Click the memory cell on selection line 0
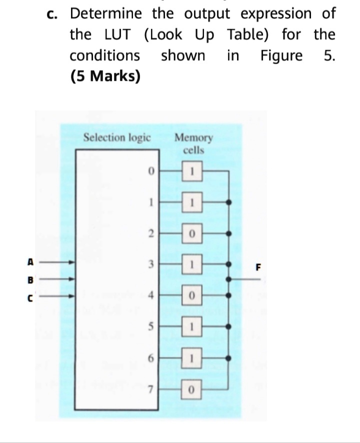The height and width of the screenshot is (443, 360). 192,171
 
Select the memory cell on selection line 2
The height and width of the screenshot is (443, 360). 192,233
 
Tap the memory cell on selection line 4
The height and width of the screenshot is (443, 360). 192,295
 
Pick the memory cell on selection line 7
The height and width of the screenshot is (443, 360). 191,389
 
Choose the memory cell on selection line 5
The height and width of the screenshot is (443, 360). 191,326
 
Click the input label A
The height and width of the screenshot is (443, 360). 30,262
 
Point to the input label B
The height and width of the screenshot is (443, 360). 30,280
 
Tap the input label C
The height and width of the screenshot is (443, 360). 30,298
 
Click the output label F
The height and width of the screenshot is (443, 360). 258,267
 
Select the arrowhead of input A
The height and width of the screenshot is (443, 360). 72,262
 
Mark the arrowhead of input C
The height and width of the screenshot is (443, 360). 72,296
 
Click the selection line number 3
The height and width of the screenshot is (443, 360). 151,264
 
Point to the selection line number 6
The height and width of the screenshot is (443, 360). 151,358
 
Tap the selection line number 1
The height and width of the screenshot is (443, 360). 151,202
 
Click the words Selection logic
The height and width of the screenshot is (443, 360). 117,138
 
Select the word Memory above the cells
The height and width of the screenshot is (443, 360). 193,138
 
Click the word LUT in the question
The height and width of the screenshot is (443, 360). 117,35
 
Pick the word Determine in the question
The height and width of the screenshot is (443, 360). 106,14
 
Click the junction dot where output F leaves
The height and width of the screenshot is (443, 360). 228,279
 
